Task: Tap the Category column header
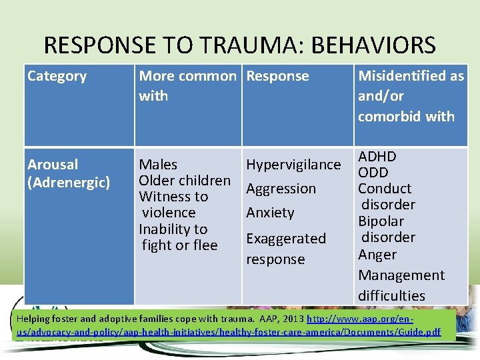tap(57, 76)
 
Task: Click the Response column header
tap(277, 76)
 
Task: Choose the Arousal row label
tap(53, 164)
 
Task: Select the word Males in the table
tap(158, 164)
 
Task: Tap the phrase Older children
tap(185, 181)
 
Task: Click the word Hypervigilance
tap(293, 165)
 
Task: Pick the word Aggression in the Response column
tap(281, 189)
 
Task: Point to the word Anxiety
tap(270, 213)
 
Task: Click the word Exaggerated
tap(286, 238)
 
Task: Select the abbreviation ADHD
tap(377, 157)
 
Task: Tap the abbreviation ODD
tap(373, 172)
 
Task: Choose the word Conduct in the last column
tap(385, 189)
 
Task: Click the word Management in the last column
tap(401, 275)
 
